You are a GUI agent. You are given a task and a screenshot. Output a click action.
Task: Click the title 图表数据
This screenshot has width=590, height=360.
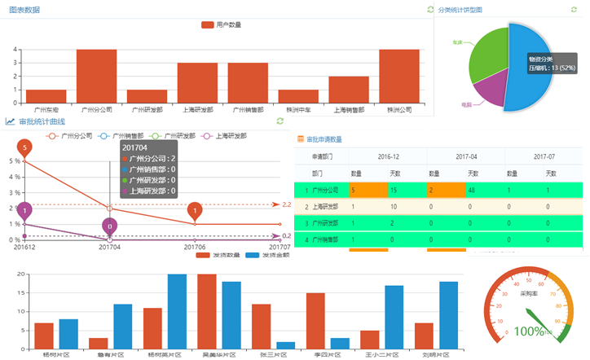pyautogui.click(x=24, y=10)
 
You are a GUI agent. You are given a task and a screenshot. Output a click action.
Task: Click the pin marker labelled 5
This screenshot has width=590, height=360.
pyautogui.click(x=24, y=148)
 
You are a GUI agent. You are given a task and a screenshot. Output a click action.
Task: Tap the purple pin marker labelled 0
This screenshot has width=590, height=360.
pyautogui.click(x=110, y=226)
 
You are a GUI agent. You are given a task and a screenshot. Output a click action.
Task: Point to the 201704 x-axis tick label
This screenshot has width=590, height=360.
pyautogui.click(x=110, y=246)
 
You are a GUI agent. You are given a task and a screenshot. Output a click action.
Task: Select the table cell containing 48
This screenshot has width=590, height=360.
pyautogui.click(x=473, y=190)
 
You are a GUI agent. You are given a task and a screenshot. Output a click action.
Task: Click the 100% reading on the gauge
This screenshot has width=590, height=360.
pyautogui.click(x=529, y=331)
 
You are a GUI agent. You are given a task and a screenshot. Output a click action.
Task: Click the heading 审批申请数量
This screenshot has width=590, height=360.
pyautogui.click(x=324, y=139)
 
